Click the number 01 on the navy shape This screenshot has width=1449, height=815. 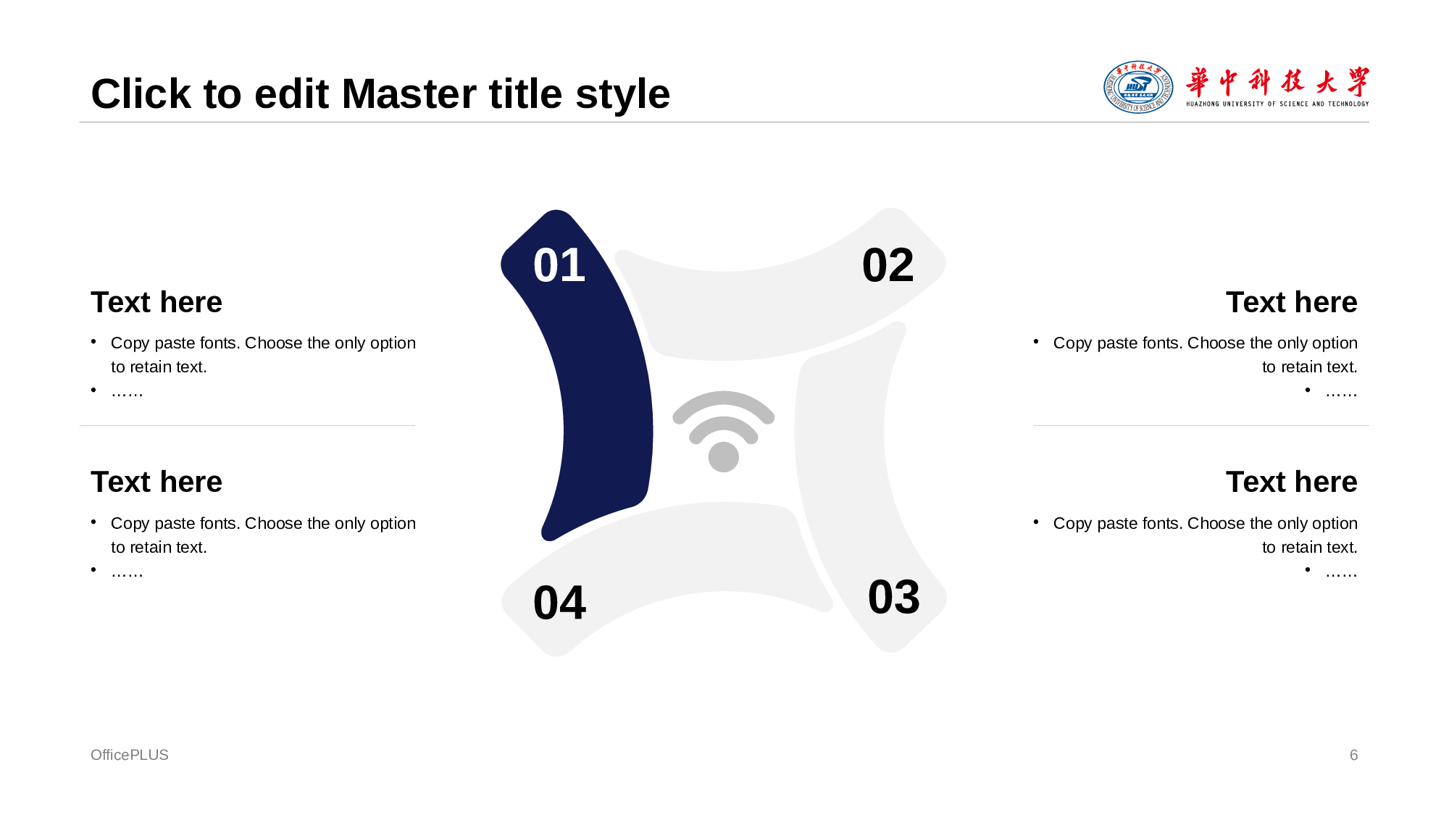(x=559, y=265)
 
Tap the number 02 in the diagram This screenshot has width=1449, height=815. (x=888, y=265)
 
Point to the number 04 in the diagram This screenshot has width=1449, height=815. (x=559, y=603)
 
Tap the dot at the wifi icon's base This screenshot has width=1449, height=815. (x=724, y=457)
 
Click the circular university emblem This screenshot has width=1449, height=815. (x=1138, y=87)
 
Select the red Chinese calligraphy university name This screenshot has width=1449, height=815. (x=1277, y=83)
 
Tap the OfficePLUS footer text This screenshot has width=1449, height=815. (x=130, y=755)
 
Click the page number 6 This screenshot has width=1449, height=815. (x=1353, y=755)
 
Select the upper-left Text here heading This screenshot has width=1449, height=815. (x=156, y=302)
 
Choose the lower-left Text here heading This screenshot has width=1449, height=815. (x=156, y=482)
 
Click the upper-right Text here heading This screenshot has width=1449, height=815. (x=1292, y=302)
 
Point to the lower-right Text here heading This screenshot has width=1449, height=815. (x=1292, y=482)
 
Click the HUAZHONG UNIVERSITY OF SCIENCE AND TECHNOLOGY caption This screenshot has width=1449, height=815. (x=1277, y=104)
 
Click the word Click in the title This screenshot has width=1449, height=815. (x=141, y=94)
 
